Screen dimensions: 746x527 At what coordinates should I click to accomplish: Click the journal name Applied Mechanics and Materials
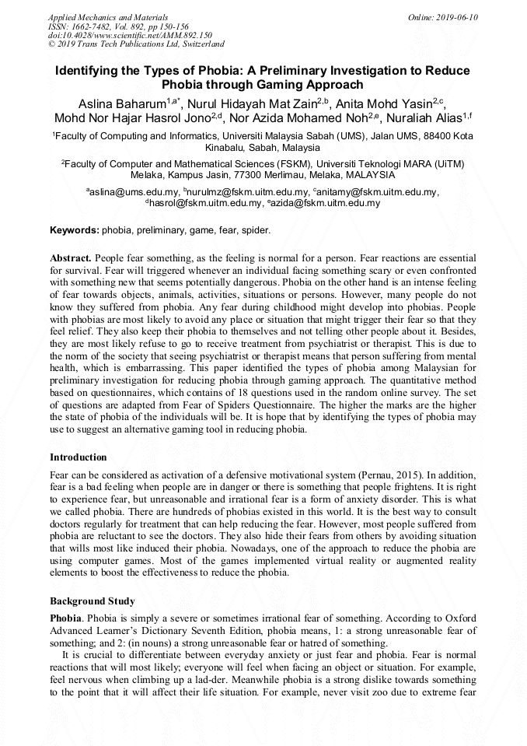[x=107, y=17]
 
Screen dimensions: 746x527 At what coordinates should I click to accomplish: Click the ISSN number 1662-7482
[x=97, y=26]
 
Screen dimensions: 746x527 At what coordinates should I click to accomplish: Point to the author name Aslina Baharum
[x=122, y=103]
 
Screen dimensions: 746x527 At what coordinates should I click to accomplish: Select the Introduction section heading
[x=79, y=457]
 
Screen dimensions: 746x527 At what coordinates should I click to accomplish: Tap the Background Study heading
[x=92, y=601]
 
